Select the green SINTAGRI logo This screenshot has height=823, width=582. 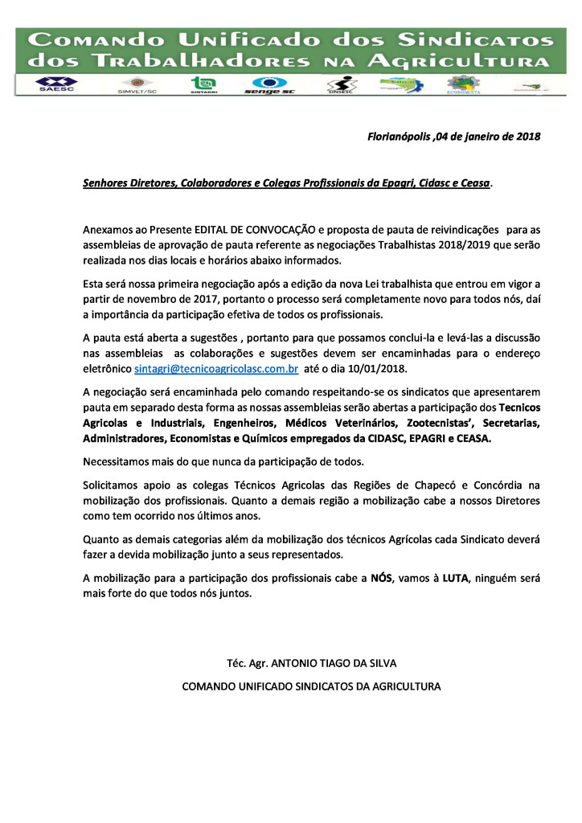point(202,84)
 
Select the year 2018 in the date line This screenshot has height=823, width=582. point(525,137)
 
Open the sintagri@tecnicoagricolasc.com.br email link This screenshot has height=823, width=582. point(216,369)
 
